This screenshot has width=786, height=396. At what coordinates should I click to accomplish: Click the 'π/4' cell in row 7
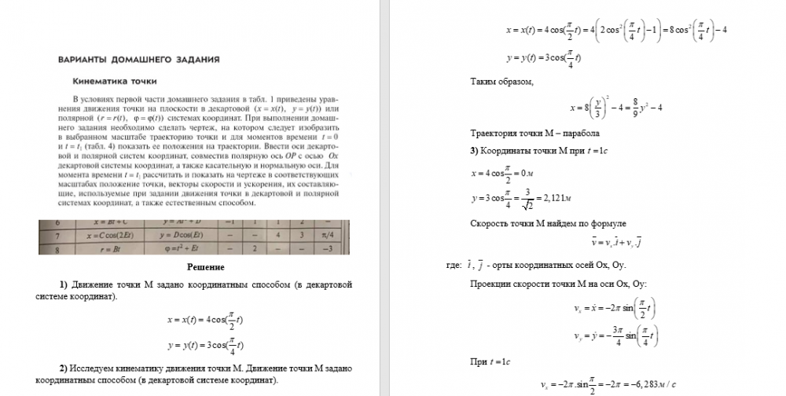point(325,234)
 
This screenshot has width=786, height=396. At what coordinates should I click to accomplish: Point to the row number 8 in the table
point(46,248)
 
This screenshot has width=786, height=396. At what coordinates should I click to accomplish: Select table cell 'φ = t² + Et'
point(181,248)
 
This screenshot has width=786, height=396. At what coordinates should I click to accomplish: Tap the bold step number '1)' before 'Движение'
point(65,284)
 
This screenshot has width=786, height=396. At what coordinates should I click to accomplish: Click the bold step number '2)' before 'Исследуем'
point(65,368)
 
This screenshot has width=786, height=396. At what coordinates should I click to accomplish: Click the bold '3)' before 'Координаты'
point(475,150)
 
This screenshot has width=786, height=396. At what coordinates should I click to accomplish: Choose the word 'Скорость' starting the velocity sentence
point(488,224)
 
